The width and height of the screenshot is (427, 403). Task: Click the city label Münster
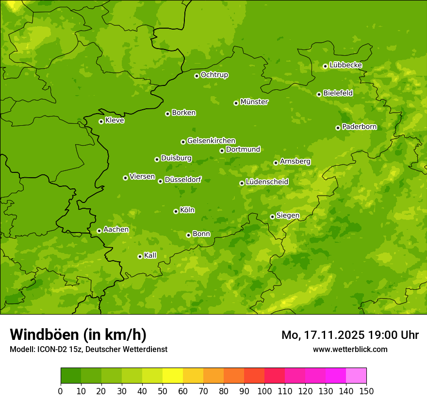[x=254, y=102]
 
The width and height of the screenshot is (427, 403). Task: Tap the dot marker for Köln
[x=176, y=211]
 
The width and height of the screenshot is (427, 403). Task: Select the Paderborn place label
[x=360, y=127]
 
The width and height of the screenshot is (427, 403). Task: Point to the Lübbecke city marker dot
[x=325, y=66]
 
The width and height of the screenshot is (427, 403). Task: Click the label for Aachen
[x=116, y=230]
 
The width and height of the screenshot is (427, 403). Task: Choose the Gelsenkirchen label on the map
[x=211, y=141]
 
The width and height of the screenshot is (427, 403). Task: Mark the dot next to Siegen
[x=272, y=217]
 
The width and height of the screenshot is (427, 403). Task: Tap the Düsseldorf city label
[x=183, y=180]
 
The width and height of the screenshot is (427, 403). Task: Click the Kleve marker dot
[x=101, y=121]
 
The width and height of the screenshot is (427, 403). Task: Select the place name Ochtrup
[x=214, y=75]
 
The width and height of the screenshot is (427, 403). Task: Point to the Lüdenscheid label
[x=267, y=182]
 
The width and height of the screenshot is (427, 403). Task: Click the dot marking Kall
[x=140, y=256]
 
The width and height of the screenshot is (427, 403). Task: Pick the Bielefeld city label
[x=338, y=93]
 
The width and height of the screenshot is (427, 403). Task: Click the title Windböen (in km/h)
[x=78, y=335]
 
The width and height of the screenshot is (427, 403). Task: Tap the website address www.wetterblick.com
[x=350, y=349]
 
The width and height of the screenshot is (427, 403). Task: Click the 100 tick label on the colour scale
[x=264, y=391]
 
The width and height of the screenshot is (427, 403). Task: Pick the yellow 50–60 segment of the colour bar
[x=173, y=376]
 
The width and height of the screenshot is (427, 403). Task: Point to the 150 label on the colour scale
[x=366, y=391]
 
